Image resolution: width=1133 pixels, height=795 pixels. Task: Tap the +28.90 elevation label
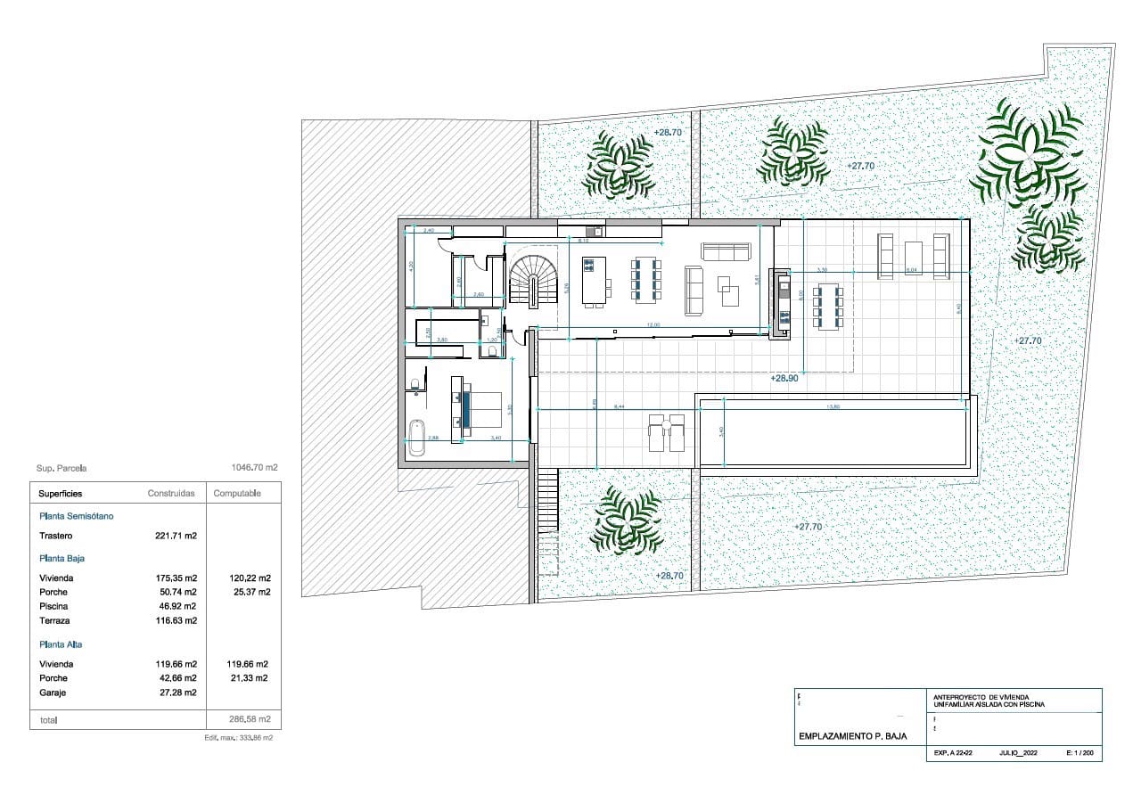click(x=784, y=378)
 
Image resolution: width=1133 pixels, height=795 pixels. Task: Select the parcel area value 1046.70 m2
click(x=254, y=467)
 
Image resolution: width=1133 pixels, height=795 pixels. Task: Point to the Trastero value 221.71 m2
click(x=176, y=536)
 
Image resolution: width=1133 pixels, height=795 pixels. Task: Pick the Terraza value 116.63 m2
click(x=176, y=620)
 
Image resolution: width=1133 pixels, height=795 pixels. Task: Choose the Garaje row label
click(x=53, y=692)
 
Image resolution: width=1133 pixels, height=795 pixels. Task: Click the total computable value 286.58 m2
click(x=250, y=718)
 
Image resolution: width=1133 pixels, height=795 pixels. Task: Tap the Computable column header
click(x=237, y=494)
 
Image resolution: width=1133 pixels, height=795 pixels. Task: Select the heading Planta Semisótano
click(x=76, y=515)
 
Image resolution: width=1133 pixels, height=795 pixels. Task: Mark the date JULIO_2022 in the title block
click(x=1018, y=754)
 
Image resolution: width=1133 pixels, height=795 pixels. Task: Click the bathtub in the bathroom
click(x=416, y=437)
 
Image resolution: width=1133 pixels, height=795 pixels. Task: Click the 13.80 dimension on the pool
click(x=834, y=406)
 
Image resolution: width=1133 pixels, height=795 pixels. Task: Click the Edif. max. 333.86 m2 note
click(x=239, y=738)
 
